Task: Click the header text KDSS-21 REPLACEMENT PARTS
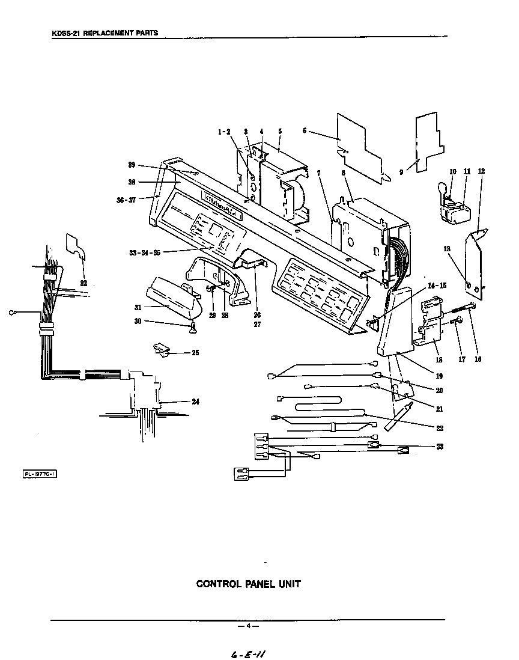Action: pyautogui.click(x=105, y=32)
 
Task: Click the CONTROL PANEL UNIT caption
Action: pyautogui.click(x=249, y=584)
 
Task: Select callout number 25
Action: pyautogui.click(x=195, y=353)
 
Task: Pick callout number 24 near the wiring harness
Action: pyautogui.click(x=195, y=402)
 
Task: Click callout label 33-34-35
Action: pyautogui.click(x=144, y=253)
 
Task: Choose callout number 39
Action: pyautogui.click(x=131, y=165)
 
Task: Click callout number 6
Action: pyautogui.click(x=305, y=130)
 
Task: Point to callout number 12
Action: pyautogui.click(x=481, y=171)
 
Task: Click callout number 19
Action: pyautogui.click(x=439, y=376)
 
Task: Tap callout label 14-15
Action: pyautogui.click(x=437, y=286)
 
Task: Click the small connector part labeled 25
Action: pyautogui.click(x=162, y=350)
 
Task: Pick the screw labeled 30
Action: pyautogui.click(x=193, y=328)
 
